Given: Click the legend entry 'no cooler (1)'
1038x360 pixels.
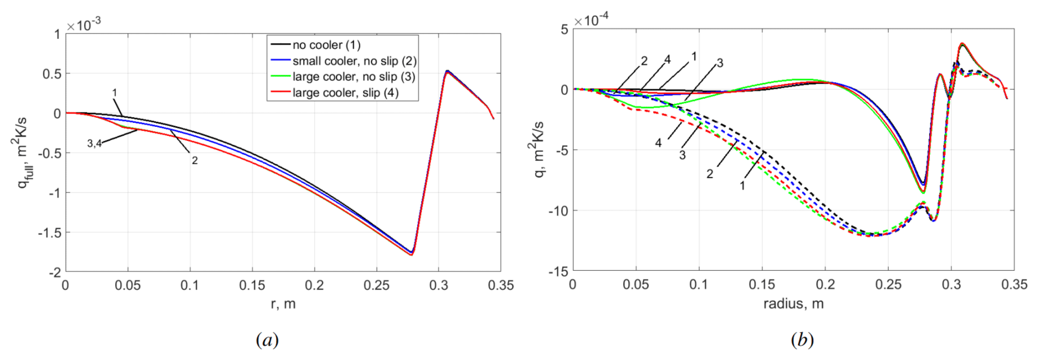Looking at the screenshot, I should [x=326, y=45].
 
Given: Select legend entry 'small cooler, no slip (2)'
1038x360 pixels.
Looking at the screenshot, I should [x=354, y=61].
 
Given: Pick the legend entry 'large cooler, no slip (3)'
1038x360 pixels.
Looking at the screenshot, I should [x=353, y=77].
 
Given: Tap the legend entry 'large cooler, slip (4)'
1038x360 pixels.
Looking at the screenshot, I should [x=345, y=93].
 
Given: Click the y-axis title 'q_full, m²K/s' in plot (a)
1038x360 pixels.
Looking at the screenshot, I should [x=24, y=152].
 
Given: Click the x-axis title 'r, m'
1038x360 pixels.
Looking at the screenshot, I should [x=283, y=304].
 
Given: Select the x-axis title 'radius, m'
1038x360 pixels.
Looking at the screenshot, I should [x=793, y=304].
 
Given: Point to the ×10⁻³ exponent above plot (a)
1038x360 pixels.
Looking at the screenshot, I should [x=84, y=25].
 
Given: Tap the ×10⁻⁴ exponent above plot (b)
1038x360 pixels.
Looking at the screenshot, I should [x=591, y=20].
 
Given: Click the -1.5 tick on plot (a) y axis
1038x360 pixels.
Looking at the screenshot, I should [x=49, y=232].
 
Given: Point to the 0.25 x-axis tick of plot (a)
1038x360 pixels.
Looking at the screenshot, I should [x=376, y=286].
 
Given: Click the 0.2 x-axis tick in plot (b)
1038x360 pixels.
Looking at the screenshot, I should [x=825, y=284].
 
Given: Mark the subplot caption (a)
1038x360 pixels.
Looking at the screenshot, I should [x=267, y=340].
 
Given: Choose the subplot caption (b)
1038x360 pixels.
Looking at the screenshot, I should [x=802, y=340].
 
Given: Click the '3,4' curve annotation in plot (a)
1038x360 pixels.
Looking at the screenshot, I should [x=94, y=144].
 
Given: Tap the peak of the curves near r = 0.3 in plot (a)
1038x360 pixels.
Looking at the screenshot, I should [x=447, y=71].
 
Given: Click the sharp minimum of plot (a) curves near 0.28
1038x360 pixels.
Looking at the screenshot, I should [x=411, y=253].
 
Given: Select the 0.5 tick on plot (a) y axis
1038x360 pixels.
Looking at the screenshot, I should [x=51, y=74].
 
